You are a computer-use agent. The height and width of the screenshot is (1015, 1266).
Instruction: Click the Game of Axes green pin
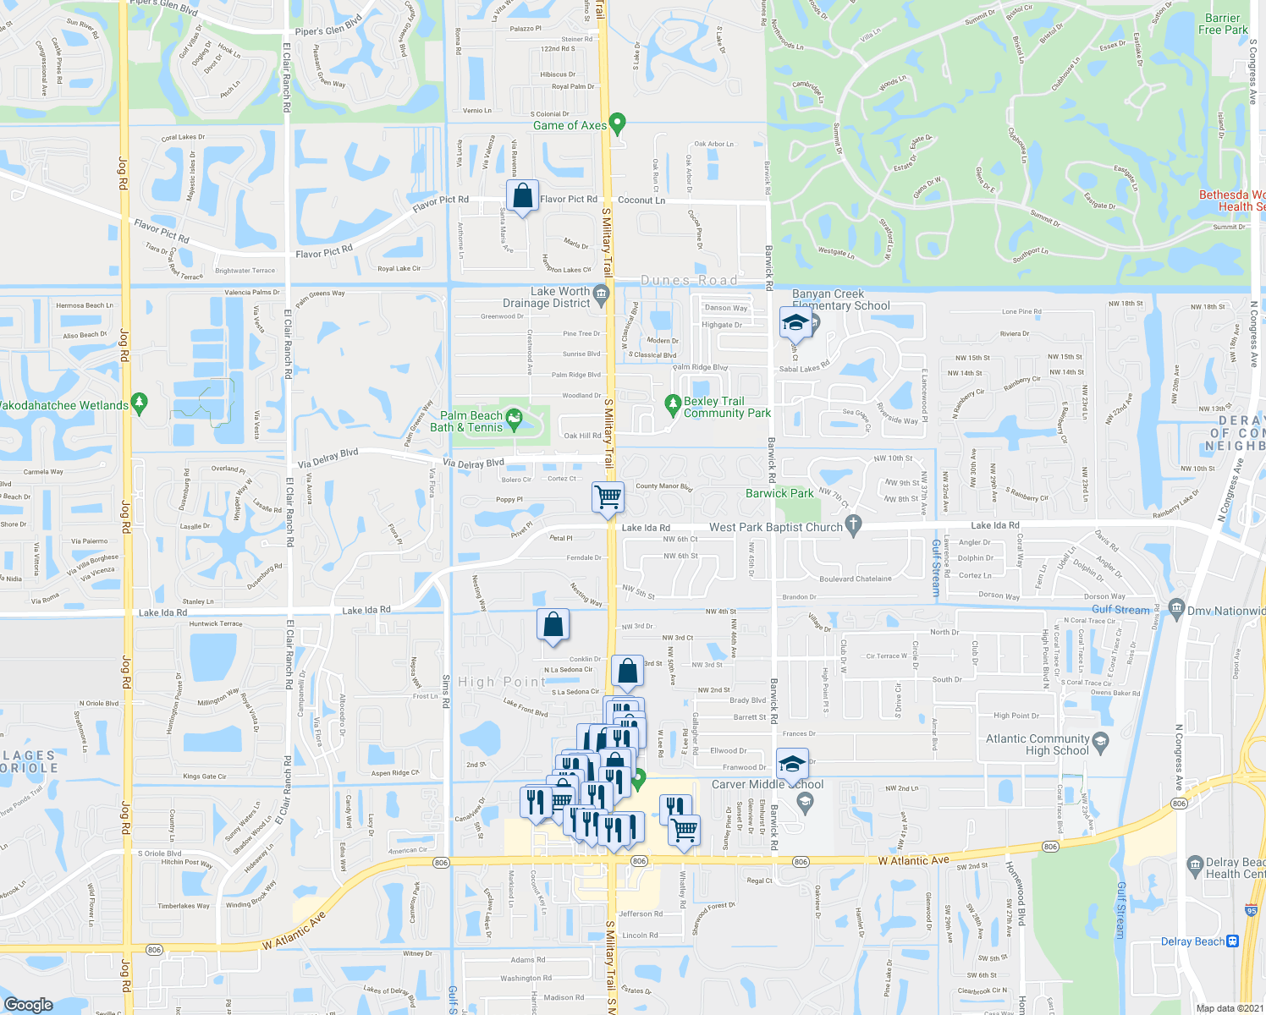(x=617, y=123)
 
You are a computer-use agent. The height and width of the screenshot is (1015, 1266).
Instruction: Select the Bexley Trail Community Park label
(x=727, y=407)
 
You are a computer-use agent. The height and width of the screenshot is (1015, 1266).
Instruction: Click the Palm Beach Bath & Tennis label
(x=471, y=421)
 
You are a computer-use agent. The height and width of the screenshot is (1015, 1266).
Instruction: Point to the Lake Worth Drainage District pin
(x=601, y=294)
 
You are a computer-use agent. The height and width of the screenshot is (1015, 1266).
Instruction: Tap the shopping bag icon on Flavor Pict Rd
(x=523, y=196)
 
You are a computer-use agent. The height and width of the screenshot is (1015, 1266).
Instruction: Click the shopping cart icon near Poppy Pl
(x=608, y=497)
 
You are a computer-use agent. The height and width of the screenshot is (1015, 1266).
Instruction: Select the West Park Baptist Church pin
(x=853, y=525)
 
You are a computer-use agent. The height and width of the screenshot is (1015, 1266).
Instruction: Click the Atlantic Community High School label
(x=1038, y=744)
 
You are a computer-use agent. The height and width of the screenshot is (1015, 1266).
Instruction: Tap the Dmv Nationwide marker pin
(x=1175, y=607)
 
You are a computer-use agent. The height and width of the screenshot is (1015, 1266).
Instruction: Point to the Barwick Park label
(x=779, y=493)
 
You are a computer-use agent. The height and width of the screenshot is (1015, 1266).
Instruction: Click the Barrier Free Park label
(x=1223, y=24)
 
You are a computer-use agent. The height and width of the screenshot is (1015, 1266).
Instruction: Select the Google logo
(x=28, y=1004)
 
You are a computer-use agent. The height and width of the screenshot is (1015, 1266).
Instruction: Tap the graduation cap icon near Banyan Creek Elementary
(x=795, y=321)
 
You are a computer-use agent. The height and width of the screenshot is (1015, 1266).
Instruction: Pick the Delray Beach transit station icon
(x=1232, y=941)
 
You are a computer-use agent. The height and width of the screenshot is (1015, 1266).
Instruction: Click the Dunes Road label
(x=689, y=280)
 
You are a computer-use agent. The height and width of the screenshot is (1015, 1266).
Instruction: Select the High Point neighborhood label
(x=502, y=682)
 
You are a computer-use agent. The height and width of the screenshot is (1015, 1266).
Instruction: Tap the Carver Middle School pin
(x=805, y=802)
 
